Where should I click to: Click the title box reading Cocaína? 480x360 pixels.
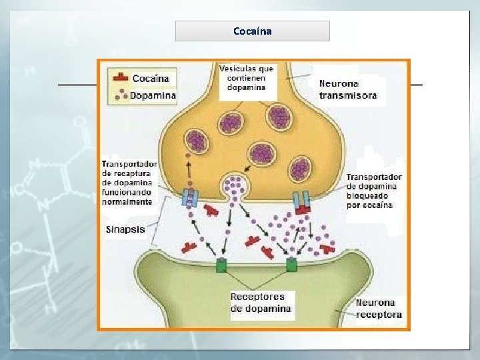click(253, 31)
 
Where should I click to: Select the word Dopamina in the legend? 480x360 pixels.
click(153, 95)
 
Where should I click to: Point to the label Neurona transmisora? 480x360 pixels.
click(347, 89)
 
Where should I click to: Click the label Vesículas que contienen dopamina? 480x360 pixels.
click(246, 77)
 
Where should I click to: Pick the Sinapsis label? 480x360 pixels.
click(125, 229)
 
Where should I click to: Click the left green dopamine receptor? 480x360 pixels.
click(221, 266)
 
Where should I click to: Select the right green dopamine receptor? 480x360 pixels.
click(291, 266)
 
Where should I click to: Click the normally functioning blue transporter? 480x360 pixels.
click(189, 198)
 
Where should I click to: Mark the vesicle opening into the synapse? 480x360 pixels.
click(235, 185)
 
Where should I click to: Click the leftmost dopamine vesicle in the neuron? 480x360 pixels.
click(196, 141)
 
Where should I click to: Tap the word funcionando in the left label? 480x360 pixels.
click(127, 192)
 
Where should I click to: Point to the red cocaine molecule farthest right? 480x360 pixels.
click(327, 248)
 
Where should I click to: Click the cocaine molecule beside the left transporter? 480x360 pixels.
click(211, 210)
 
